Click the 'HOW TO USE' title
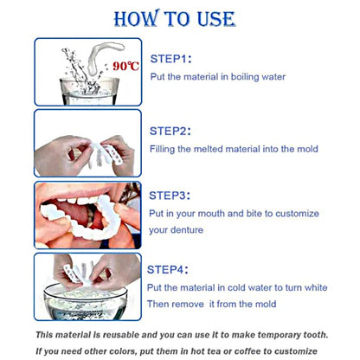175,18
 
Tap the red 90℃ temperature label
125,66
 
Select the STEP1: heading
170,59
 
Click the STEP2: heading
170,131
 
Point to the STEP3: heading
170,196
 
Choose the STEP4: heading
168,270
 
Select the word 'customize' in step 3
297,214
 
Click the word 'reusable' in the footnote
121,335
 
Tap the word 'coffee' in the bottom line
247,351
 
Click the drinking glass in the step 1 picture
89,91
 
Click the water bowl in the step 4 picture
86,301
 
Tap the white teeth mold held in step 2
105,154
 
